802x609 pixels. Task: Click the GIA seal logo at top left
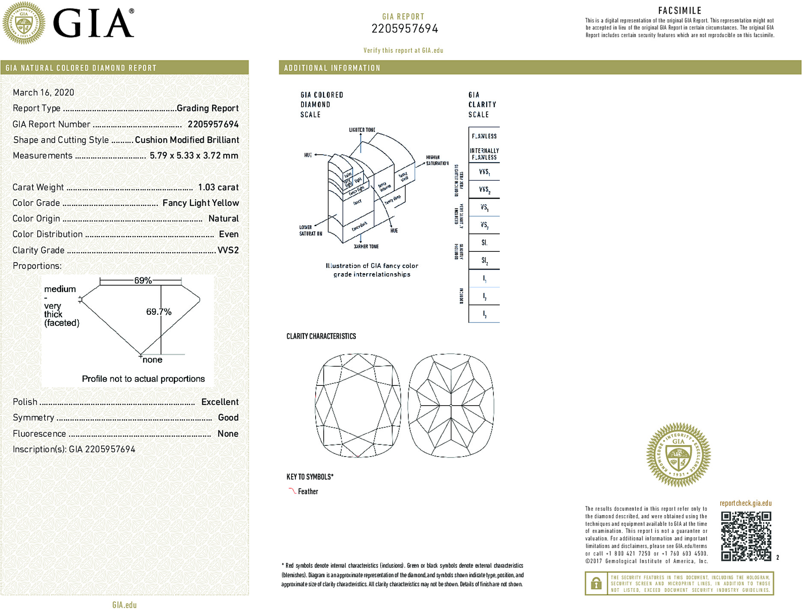click(x=24, y=23)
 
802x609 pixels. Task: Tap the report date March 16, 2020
click(x=43, y=93)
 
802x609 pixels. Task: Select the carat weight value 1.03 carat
click(x=218, y=187)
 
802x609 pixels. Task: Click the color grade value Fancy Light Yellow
click(x=200, y=203)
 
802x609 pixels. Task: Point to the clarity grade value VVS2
click(x=228, y=250)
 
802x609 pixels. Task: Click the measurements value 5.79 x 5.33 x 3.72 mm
click(x=194, y=155)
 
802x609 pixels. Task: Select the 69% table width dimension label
click(x=143, y=281)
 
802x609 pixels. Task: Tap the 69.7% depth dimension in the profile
click(x=158, y=312)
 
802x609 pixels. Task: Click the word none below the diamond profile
click(x=152, y=360)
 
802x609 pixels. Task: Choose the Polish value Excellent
click(x=220, y=402)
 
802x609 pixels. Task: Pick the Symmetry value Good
click(x=228, y=418)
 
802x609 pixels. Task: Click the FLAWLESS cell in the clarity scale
click(x=484, y=136)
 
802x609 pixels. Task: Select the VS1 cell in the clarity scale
click(x=484, y=208)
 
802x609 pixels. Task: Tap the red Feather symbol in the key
click(x=292, y=491)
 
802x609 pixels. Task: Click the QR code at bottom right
click(x=745, y=536)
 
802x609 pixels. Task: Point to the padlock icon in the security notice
click(x=596, y=583)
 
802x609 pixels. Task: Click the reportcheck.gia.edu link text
click(x=745, y=503)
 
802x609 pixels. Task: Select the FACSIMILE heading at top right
click(x=680, y=11)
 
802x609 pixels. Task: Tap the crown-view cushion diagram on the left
click(x=358, y=405)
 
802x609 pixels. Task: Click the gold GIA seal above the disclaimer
click(x=678, y=455)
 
